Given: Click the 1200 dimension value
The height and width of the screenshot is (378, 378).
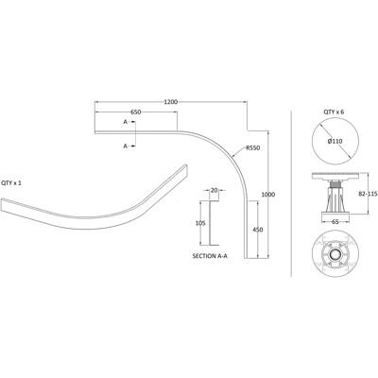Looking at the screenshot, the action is click(171, 102).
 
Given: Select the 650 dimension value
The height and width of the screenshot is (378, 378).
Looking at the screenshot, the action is click(135, 112).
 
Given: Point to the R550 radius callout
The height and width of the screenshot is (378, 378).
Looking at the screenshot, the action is click(253, 147).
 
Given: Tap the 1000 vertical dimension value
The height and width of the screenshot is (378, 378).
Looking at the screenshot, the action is click(268, 195).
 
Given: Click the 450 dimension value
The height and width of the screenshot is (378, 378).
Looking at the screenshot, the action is click(258, 230).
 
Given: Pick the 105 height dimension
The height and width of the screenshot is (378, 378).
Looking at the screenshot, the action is click(200, 223).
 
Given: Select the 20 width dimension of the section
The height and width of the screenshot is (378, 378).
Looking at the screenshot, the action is click(215, 190).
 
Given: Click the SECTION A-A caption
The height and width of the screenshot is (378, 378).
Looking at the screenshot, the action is click(210, 256).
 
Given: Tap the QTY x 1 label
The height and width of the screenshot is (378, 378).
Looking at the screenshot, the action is click(11, 182).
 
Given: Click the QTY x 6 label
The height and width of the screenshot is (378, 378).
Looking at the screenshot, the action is click(334, 112).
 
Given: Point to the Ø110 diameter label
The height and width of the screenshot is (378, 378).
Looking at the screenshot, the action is click(335, 142).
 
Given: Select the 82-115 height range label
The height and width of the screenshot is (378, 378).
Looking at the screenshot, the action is click(368, 194).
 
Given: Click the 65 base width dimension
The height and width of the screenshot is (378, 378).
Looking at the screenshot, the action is click(335, 222).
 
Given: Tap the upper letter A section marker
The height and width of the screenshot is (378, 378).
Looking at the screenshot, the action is click(126, 122).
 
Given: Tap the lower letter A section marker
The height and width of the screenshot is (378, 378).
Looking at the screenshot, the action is click(126, 146).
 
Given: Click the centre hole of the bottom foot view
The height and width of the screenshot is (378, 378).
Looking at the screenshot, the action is click(335, 254).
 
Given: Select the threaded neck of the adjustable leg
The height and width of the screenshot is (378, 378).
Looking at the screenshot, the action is click(335, 183).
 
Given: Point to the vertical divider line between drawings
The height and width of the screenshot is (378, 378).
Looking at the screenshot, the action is click(291, 194).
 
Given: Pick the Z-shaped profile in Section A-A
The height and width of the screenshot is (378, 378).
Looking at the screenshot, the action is click(210, 223).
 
